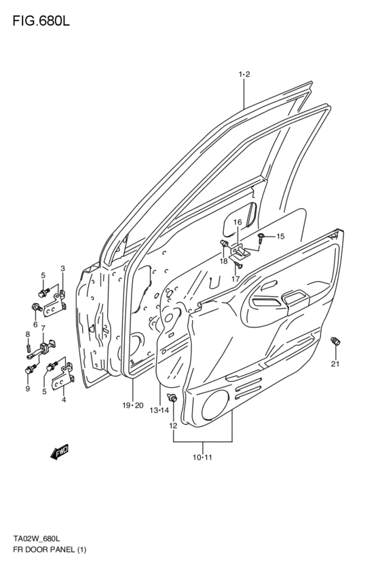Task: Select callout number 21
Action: point(335,365)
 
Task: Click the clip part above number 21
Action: point(334,343)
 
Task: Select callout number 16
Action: point(237,222)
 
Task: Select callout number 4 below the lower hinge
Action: point(64,399)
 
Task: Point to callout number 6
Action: point(35,324)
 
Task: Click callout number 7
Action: point(43,329)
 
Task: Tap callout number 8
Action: point(28,334)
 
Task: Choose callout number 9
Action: point(28,389)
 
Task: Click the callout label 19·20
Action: point(133,405)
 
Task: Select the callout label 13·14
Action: point(160,410)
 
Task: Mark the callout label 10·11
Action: point(202,458)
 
